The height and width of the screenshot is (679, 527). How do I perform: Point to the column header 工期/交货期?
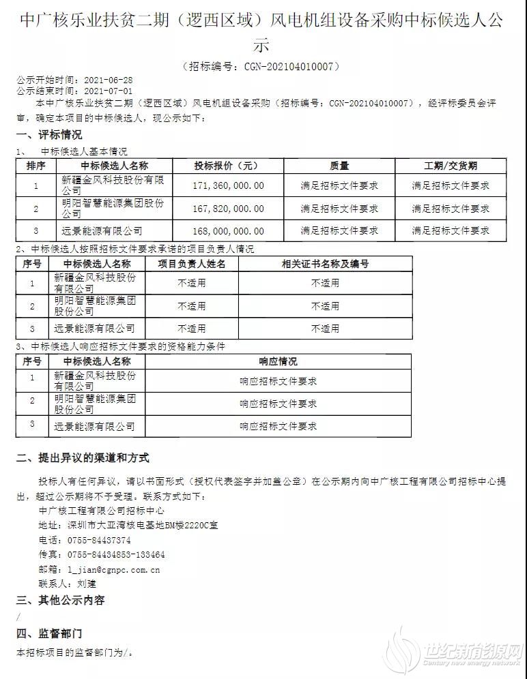pyautogui.click(x=450, y=166)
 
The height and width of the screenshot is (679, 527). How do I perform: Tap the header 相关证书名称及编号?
pyautogui.click(x=325, y=264)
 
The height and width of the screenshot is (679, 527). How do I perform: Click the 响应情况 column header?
pyautogui.click(x=278, y=361)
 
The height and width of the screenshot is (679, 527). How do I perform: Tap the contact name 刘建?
pyautogui.click(x=87, y=584)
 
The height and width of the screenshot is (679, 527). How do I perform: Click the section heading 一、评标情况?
pyautogui.click(x=45, y=135)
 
